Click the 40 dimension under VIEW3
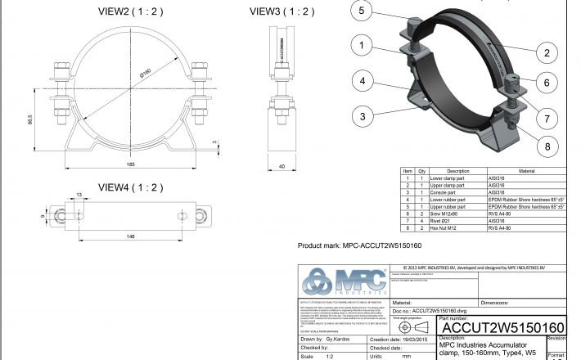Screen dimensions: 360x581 [282, 166]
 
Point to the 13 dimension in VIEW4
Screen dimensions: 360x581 [79, 195]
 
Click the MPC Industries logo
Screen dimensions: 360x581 [344, 284]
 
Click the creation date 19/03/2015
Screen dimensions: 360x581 [396, 339]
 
